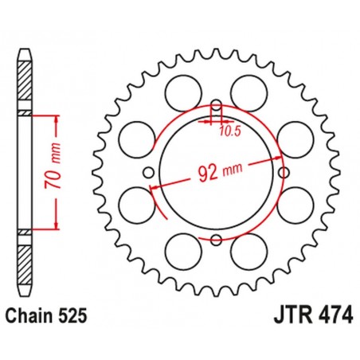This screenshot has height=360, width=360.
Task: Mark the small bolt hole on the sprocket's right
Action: point(284,172)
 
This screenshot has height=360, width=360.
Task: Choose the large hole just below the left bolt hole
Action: point(133,205)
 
